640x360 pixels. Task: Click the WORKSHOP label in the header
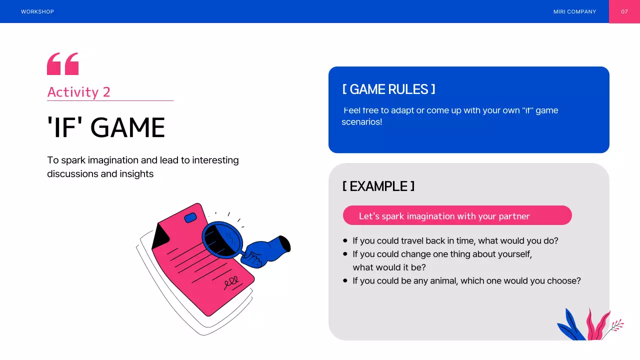tap(37, 11)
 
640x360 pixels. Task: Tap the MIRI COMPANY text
tap(574, 11)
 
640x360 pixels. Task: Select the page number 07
tap(624, 11)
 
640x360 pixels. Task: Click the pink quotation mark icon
tap(62, 64)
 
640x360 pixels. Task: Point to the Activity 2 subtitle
tap(78, 92)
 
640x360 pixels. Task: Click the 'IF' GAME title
tap(106, 127)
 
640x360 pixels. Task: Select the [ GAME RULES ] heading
tap(388, 89)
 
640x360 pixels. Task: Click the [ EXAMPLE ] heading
tap(378, 186)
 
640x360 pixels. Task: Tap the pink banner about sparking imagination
tap(457, 215)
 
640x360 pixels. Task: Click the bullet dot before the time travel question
tap(345, 241)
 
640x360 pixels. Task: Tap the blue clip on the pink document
tap(190, 217)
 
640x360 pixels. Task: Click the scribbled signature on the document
tap(231, 282)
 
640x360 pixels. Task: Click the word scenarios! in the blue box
tap(361, 122)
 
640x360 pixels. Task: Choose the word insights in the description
tap(136, 174)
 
